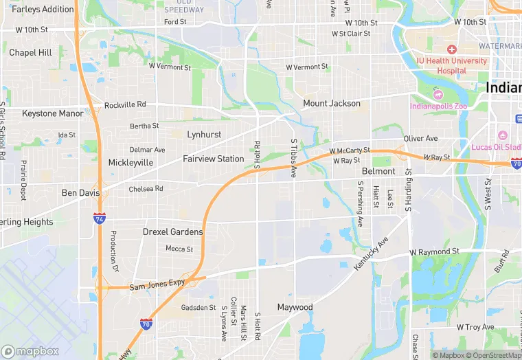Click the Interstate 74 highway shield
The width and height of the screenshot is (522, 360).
[100, 218]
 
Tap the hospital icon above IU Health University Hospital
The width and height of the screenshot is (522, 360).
[451, 49]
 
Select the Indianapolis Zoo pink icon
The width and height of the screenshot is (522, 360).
[438, 94]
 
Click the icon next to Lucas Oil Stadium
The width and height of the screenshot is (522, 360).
[503, 135]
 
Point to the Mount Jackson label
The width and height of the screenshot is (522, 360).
[332, 104]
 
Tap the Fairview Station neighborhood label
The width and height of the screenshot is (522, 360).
[213, 159]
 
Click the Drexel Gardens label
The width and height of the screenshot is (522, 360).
[172, 232]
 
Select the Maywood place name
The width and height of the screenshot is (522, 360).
[295, 307]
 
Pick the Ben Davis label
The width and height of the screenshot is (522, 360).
[80, 193]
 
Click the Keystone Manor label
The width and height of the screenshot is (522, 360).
[52, 113]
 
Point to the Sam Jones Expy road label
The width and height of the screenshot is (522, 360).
[157, 284]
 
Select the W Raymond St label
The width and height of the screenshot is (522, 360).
[434, 252]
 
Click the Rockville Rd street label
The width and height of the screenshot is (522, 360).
[125, 105]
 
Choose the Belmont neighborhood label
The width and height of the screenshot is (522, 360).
[378, 171]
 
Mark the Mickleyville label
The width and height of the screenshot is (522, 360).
[130, 163]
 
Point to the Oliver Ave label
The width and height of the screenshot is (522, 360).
[420, 138]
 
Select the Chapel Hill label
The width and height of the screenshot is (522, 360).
[30, 53]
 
